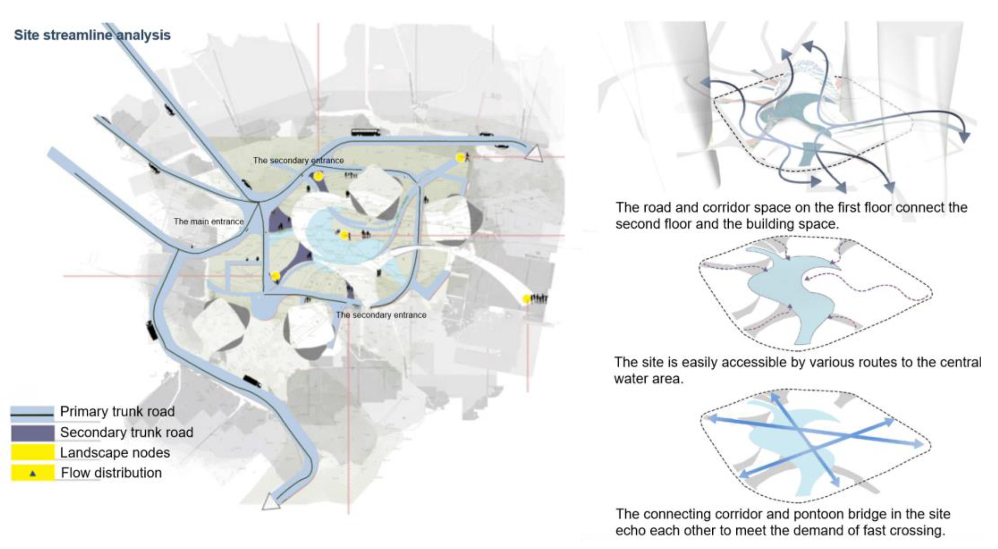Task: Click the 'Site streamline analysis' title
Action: (x=92, y=35)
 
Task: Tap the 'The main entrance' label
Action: (x=209, y=222)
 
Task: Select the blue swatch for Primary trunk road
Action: (x=32, y=414)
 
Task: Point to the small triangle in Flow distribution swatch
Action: (x=33, y=473)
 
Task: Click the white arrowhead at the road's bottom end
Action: (x=270, y=503)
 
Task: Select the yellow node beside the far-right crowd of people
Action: (x=526, y=299)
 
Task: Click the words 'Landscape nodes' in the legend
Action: (x=115, y=453)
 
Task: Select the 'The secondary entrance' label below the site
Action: (x=381, y=315)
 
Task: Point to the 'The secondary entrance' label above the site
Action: (x=298, y=160)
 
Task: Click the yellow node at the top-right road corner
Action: (x=460, y=157)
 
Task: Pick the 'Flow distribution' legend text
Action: (x=111, y=473)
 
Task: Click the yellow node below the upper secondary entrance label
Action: (x=318, y=177)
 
